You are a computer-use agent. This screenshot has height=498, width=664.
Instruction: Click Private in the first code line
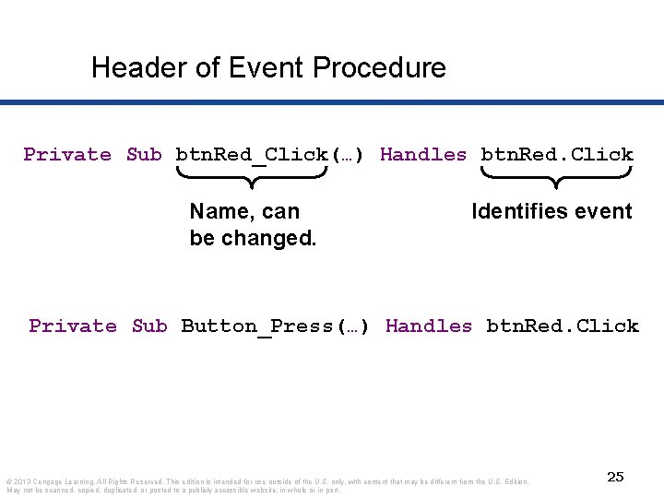pos(67,155)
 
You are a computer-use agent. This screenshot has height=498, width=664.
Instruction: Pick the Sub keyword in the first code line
pos(144,155)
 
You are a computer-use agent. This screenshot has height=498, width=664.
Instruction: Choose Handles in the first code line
pos(423,155)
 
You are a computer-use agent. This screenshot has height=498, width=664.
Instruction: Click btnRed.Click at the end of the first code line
pos(557,155)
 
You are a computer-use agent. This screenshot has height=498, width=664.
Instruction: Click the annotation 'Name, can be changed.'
pos(253,225)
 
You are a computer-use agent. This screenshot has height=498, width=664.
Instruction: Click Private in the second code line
pos(73,326)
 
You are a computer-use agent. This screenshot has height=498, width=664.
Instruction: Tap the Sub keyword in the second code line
pos(149,326)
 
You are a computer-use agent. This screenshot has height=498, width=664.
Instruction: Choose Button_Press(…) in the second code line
pos(276,326)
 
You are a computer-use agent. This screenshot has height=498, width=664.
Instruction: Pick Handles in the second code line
pos(429,326)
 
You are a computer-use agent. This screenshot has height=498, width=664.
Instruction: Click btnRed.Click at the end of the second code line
pos(563,326)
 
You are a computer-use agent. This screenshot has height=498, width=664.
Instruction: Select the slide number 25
pos(615,477)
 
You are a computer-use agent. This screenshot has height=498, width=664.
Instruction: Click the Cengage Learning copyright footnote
pos(267,485)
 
